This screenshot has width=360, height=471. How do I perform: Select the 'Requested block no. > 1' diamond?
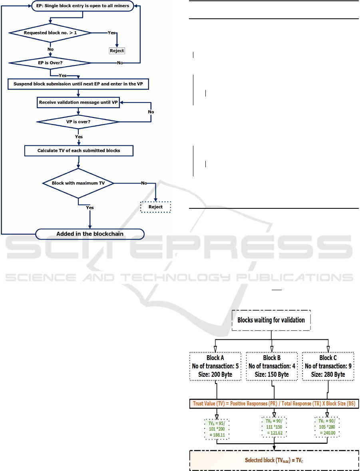pyautogui.click(x=50, y=32)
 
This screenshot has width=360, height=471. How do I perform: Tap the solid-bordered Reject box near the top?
pyautogui.click(x=117, y=51)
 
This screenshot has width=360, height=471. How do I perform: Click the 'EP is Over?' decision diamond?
pyautogui.click(x=50, y=63)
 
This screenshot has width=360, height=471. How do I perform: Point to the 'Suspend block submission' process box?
pyautogui.click(x=78, y=84)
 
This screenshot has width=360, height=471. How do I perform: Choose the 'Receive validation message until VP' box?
pyautogui.click(x=78, y=102)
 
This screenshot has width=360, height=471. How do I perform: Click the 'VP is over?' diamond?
pyautogui.click(x=78, y=121)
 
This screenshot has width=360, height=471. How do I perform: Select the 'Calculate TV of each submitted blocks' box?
pyautogui.click(x=78, y=150)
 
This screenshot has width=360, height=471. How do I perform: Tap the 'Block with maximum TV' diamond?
pyautogui.click(x=78, y=183)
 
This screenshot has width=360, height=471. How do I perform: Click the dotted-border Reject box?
pyautogui.click(x=155, y=207)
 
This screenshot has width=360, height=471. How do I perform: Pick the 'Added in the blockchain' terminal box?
pyautogui.click(x=90, y=234)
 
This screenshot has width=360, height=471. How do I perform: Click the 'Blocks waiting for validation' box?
pyautogui.click(x=271, y=320)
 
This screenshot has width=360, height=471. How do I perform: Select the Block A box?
pyautogui.click(x=215, y=366)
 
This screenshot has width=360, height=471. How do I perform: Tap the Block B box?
pyautogui.click(x=272, y=366)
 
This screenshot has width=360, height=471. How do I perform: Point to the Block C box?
pyautogui.click(x=328, y=366)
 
